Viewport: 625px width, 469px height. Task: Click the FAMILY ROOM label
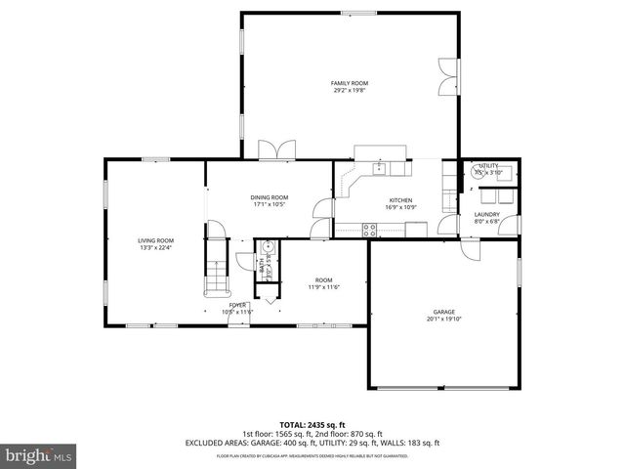click(348, 84)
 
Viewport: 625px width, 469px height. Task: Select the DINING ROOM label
click(271, 198)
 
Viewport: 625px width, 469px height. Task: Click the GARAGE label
click(444, 312)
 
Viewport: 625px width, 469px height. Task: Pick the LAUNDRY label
click(487, 214)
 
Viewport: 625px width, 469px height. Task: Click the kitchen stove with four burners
click(370, 231)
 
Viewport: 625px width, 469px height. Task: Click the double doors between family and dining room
click(274, 151)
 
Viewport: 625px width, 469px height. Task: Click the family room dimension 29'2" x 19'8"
click(348, 91)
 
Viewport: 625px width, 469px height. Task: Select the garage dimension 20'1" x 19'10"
click(444, 319)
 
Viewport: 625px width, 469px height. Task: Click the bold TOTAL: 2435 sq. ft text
click(312, 424)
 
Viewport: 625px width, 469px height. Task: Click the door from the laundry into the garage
click(472, 247)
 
